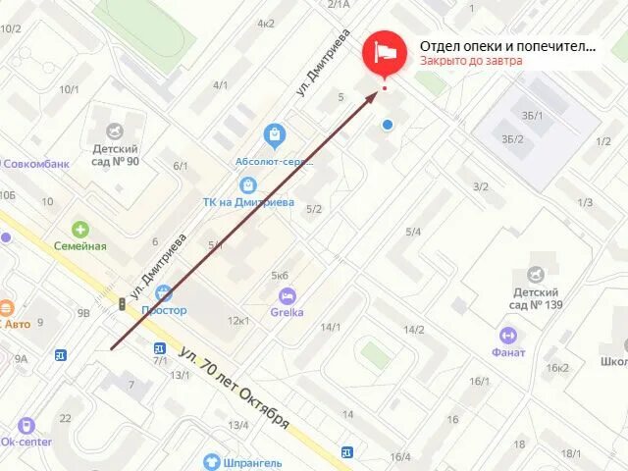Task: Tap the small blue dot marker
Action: [389, 125]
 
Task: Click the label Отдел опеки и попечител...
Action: [507, 45]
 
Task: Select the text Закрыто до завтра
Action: [471, 61]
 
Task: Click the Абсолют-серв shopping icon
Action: [275, 134]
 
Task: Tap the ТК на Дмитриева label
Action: [248, 202]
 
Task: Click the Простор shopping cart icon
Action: [163, 292]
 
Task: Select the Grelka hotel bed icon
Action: [287, 296]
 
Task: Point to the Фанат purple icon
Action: [507, 335]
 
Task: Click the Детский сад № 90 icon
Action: [116, 131]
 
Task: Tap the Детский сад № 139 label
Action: [535, 298]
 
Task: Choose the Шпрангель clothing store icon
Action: [211, 462]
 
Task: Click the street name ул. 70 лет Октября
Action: [235, 388]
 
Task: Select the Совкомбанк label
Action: [36, 164]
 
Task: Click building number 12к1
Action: [237, 321]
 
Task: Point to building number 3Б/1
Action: [532, 116]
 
